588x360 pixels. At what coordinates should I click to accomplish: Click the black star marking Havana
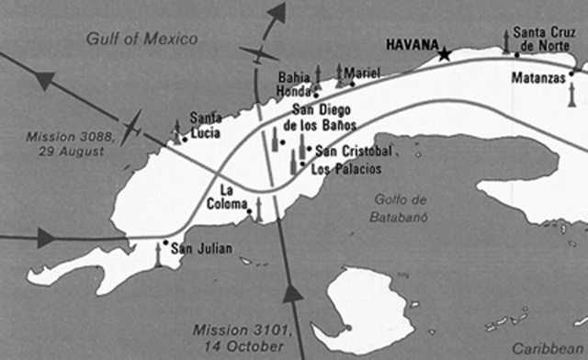[446, 54]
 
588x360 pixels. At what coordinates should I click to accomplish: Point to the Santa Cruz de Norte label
[546, 39]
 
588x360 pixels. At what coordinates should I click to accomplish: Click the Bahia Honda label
[296, 84]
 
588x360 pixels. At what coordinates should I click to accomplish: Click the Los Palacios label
[346, 169]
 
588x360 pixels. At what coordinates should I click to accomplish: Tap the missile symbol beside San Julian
[157, 255]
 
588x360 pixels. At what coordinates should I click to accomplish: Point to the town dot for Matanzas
[572, 73]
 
